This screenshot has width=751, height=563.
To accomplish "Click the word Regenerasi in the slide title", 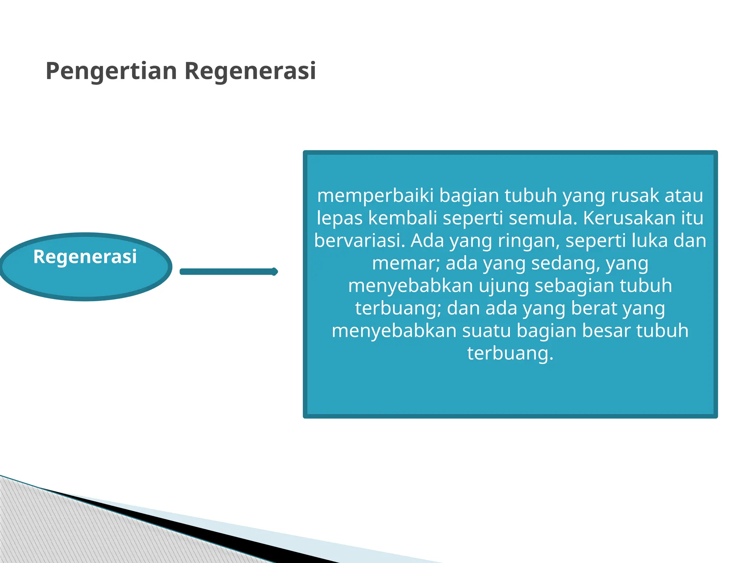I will tap(250, 71).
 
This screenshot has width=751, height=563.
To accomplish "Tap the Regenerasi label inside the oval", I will tap(85, 256).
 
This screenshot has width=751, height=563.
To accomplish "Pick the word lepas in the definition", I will tap(339, 218).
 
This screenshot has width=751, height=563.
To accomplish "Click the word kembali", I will tap(402, 218).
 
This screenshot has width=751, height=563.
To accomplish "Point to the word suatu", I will tap(486, 331).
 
